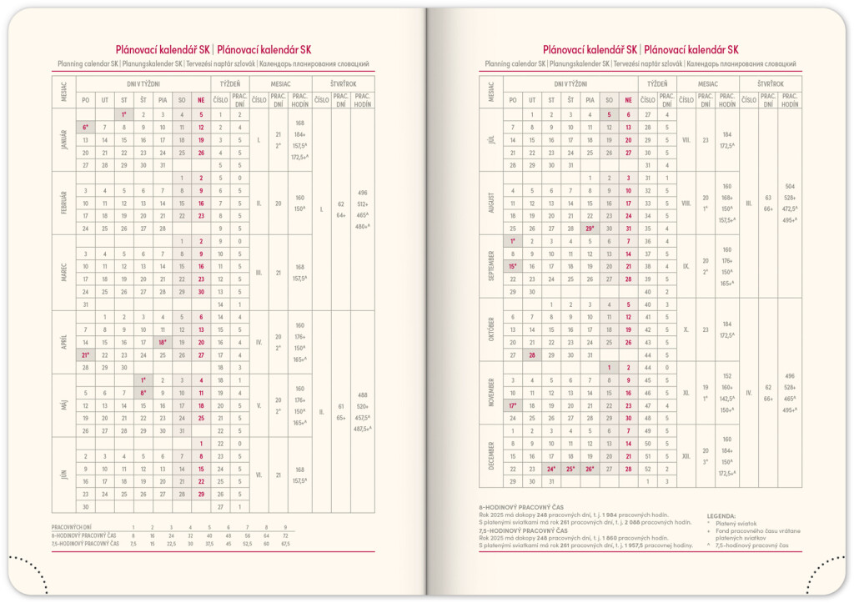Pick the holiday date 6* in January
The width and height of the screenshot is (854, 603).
(85, 128)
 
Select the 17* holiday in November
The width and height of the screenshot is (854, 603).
(511, 405)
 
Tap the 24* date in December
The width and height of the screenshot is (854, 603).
(551, 469)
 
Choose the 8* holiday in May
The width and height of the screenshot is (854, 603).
(144, 393)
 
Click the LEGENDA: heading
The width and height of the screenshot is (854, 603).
(721, 516)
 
